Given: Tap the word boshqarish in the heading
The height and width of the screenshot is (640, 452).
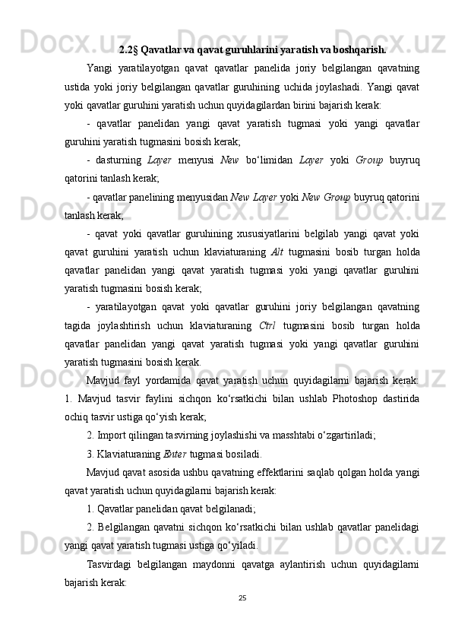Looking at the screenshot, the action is [x=359, y=51].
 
